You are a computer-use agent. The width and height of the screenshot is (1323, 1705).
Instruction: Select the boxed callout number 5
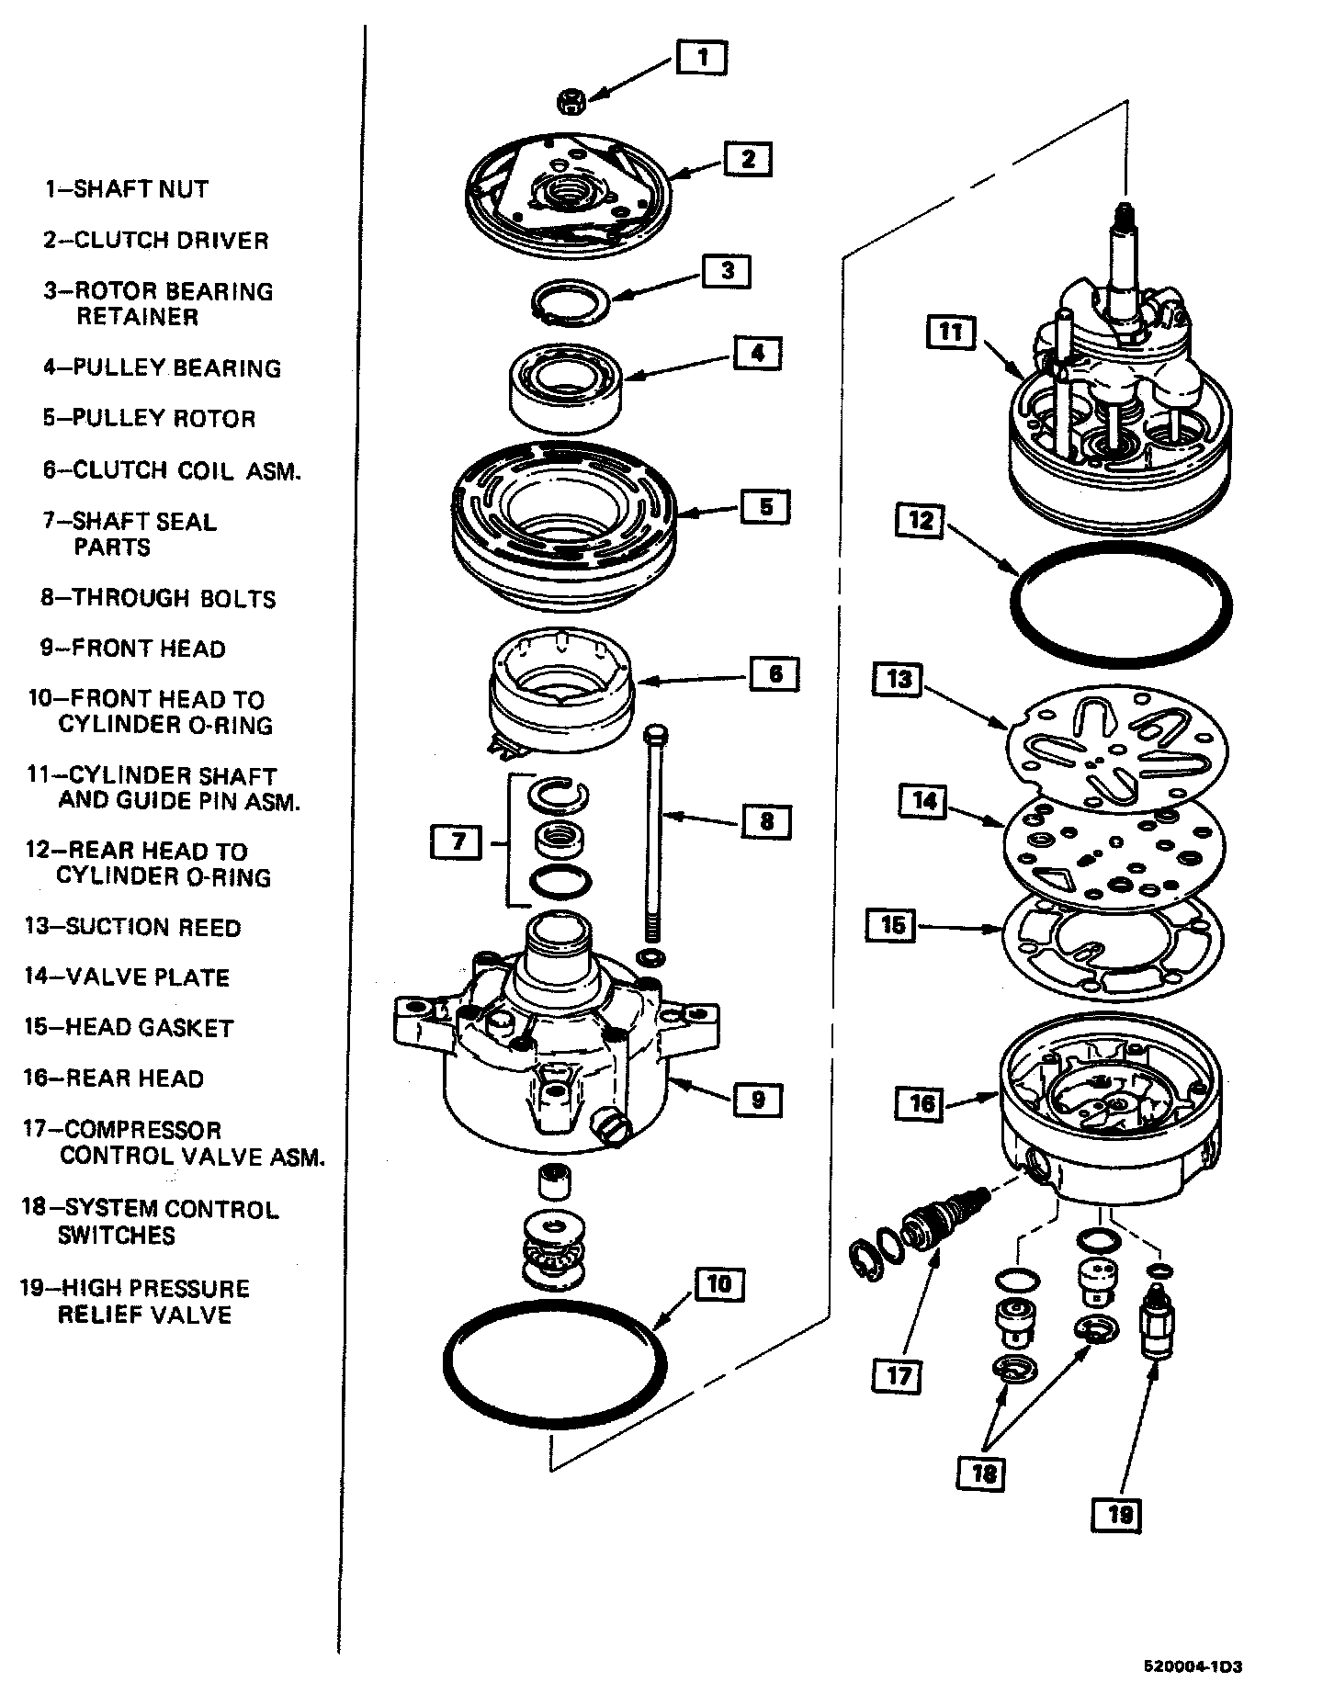(765, 506)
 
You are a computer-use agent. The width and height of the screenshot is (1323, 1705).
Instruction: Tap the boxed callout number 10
(719, 1283)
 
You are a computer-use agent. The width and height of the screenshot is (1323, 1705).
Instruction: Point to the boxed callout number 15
(892, 925)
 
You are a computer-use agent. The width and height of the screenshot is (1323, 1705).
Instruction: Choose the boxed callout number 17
(898, 1375)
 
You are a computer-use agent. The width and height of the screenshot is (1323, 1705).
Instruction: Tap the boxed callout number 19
(1118, 1513)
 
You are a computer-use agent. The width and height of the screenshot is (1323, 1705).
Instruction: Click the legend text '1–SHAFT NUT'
(127, 189)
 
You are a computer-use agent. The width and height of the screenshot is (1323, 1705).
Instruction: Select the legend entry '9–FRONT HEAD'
(132, 649)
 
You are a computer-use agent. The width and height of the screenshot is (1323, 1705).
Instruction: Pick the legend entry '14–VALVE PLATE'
(127, 977)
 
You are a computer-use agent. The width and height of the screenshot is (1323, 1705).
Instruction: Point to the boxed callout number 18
(982, 1474)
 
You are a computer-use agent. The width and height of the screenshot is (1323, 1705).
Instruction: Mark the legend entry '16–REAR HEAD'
(114, 1078)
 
